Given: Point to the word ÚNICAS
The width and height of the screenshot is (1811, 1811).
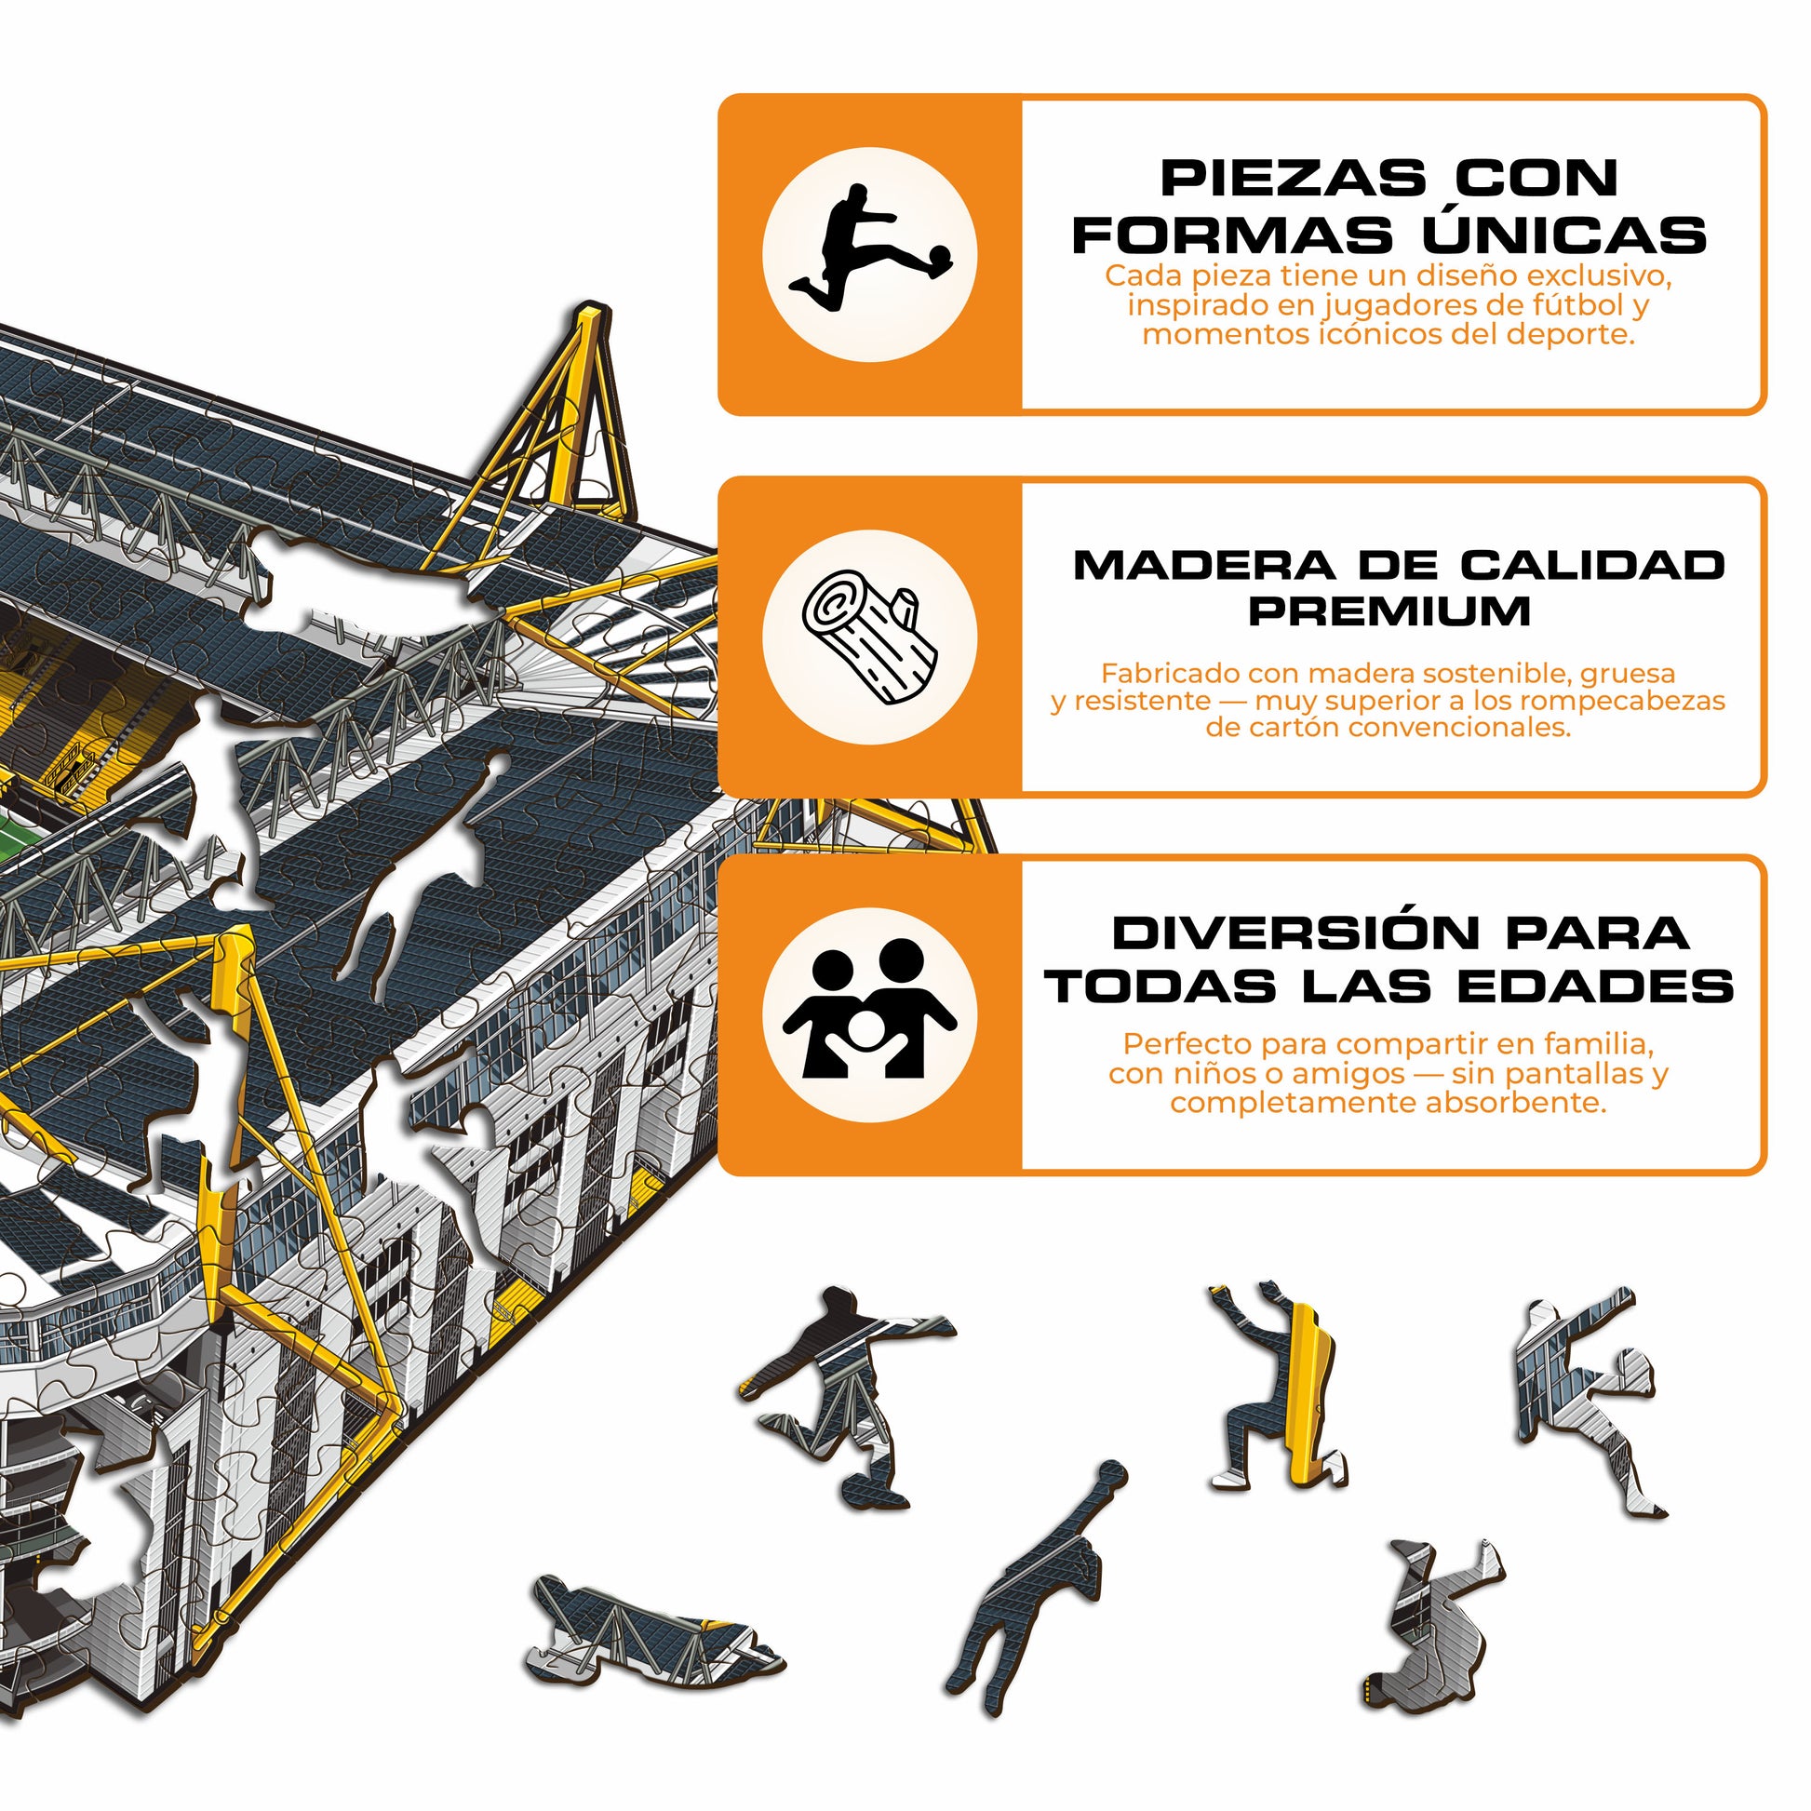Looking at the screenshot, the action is click(1563, 235).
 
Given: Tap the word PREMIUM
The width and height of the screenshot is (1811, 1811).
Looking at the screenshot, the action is click(1389, 611).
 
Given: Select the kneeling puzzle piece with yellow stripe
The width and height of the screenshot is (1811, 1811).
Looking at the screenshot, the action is click(1281, 1386).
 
